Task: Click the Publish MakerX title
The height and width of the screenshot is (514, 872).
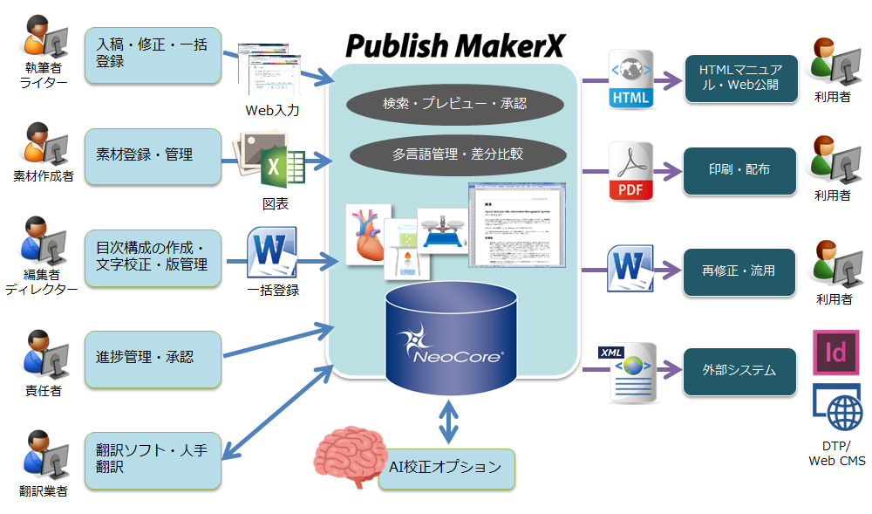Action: point(453,45)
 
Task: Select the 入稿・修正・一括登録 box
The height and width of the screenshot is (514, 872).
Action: point(153,55)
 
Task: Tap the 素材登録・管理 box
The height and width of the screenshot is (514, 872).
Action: point(153,156)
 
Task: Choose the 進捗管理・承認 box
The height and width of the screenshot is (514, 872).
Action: point(153,359)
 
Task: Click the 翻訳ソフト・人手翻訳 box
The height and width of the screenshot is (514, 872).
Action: point(153,461)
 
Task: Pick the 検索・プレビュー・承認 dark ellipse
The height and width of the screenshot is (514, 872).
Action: point(454,104)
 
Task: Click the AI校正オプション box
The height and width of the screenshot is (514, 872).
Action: point(446,468)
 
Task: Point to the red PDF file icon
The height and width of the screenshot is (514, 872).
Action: point(630,172)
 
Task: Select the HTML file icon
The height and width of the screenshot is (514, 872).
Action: point(630,80)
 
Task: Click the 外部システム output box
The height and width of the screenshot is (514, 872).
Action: point(739,371)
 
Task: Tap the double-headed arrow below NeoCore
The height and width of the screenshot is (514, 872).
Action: point(447,421)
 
